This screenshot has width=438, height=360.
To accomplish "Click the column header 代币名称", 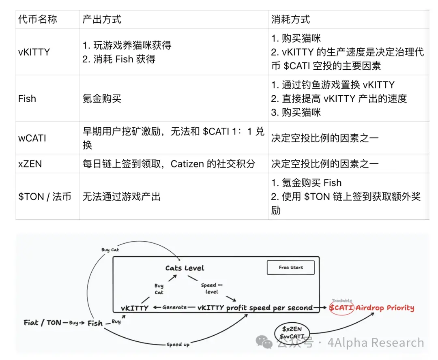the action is [x=37, y=19].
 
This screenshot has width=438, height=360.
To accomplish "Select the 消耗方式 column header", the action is [x=290, y=19].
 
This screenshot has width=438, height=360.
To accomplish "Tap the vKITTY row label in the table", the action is [x=34, y=52].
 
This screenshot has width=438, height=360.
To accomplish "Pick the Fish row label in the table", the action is [x=27, y=99].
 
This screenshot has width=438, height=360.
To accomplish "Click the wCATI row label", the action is [x=32, y=138].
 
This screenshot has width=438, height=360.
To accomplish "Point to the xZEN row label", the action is [x=30, y=164].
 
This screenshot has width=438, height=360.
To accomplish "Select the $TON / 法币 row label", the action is [x=45, y=197].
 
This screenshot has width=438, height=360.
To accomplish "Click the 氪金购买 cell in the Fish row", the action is [x=102, y=99].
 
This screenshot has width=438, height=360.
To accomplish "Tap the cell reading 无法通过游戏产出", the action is [x=122, y=197].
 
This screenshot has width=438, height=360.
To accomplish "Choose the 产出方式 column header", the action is [x=102, y=19].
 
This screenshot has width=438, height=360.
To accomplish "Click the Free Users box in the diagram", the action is [x=291, y=268].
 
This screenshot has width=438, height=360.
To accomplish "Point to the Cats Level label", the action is [x=185, y=268].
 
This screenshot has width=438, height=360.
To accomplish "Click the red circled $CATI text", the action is [x=341, y=308].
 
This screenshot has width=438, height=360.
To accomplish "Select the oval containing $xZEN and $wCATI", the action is [x=292, y=332].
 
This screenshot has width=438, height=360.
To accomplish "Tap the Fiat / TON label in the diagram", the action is [x=43, y=323].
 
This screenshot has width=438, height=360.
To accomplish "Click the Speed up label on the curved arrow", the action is [x=178, y=345].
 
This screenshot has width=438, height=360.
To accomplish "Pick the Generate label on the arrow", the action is [x=174, y=307].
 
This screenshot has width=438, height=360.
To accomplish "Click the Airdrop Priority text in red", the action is [x=384, y=308].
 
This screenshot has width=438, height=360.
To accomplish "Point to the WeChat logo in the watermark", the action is [x=264, y=342].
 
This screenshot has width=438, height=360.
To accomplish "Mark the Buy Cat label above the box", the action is [x=110, y=250].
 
